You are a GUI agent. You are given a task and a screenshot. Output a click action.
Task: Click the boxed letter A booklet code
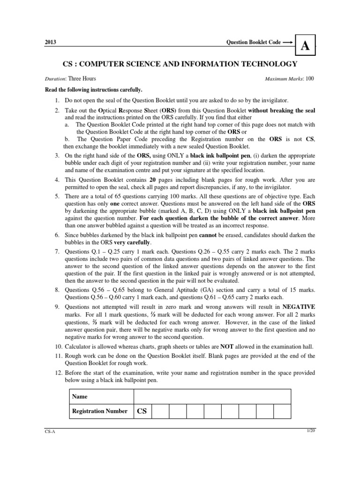[305, 45]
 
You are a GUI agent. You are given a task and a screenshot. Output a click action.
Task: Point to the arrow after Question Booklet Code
[288, 42]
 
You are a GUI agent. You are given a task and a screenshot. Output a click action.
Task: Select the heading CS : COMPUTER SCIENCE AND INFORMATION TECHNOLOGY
[180, 64]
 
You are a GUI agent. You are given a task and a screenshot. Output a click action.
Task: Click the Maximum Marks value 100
[311, 79]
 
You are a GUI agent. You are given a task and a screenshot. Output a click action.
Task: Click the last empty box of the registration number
[282, 411]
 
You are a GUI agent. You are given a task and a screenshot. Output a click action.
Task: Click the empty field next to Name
[212, 396]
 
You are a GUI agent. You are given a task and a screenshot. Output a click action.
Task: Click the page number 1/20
[310, 430]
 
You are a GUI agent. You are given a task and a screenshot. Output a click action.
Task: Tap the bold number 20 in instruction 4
[153, 180]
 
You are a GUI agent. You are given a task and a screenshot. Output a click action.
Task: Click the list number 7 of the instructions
[56, 252]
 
